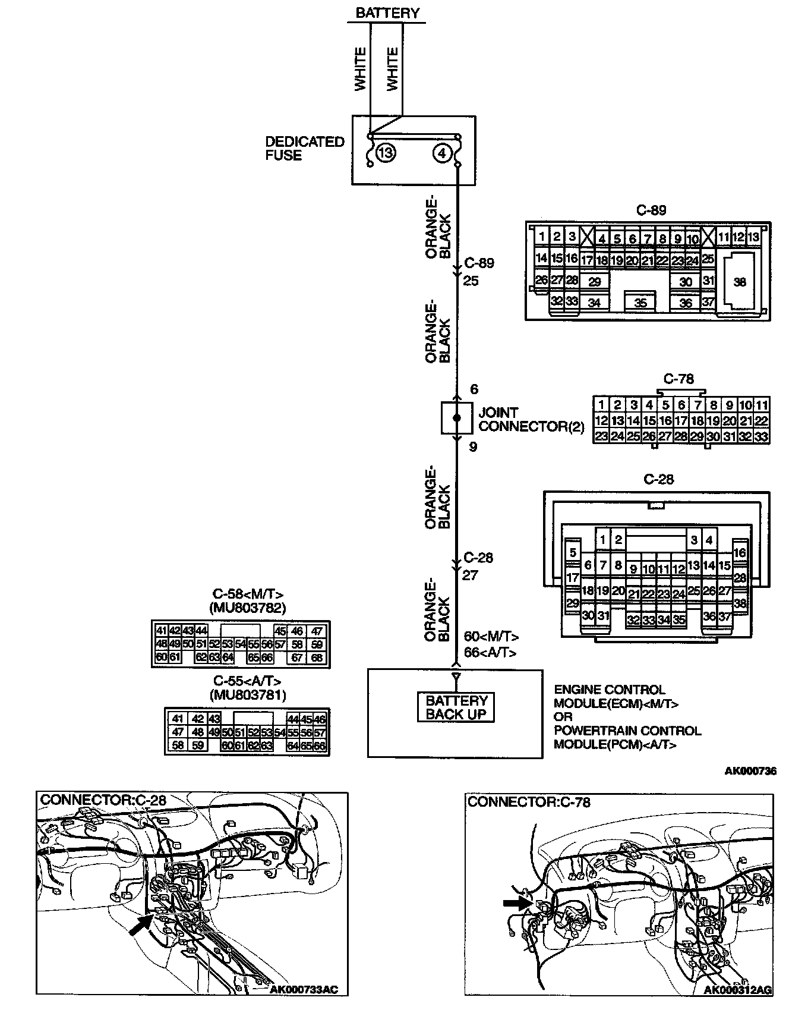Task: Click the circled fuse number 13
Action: click(x=386, y=153)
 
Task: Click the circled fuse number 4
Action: click(x=441, y=153)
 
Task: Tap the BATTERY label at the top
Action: click(x=387, y=12)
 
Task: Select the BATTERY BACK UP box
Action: click(x=456, y=707)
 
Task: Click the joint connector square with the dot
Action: click(x=456, y=418)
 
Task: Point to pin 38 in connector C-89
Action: click(x=740, y=282)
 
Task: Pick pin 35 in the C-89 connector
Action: click(x=640, y=303)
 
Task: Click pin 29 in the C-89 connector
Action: click(x=594, y=282)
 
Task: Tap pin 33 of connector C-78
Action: click(x=761, y=436)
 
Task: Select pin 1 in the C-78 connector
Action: click(x=601, y=405)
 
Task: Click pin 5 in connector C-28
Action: click(x=573, y=553)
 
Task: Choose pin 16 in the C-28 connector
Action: click(x=740, y=553)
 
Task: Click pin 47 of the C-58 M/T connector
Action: click(x=317, y=632)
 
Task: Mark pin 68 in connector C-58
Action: click(x=317, y=657)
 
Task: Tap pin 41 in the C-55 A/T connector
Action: click(x=176, y=719)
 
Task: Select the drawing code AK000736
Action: click(x=750, y=772)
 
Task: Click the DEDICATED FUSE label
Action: click(x=304, y=148)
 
